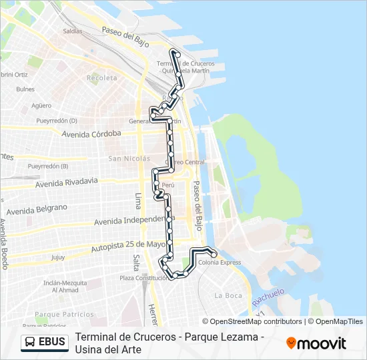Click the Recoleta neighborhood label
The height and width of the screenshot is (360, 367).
coord(101,78)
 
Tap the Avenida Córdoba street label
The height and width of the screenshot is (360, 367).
coord(91,133)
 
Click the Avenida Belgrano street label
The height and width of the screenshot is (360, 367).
coord(39,209)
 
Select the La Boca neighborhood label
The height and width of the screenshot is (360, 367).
coord(228,295)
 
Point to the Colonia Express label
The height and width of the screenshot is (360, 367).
coord(220,263)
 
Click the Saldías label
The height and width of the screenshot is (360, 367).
coord(72,31)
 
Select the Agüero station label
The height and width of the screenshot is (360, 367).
coord(41,105)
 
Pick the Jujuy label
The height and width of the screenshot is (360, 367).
coord(58,257)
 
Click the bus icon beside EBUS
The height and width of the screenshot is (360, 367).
coord(30,343)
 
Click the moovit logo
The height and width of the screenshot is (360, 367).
coord(316,343)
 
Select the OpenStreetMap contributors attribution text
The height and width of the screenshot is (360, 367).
coord(252,321)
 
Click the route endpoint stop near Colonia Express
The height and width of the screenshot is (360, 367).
coord(214,255)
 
